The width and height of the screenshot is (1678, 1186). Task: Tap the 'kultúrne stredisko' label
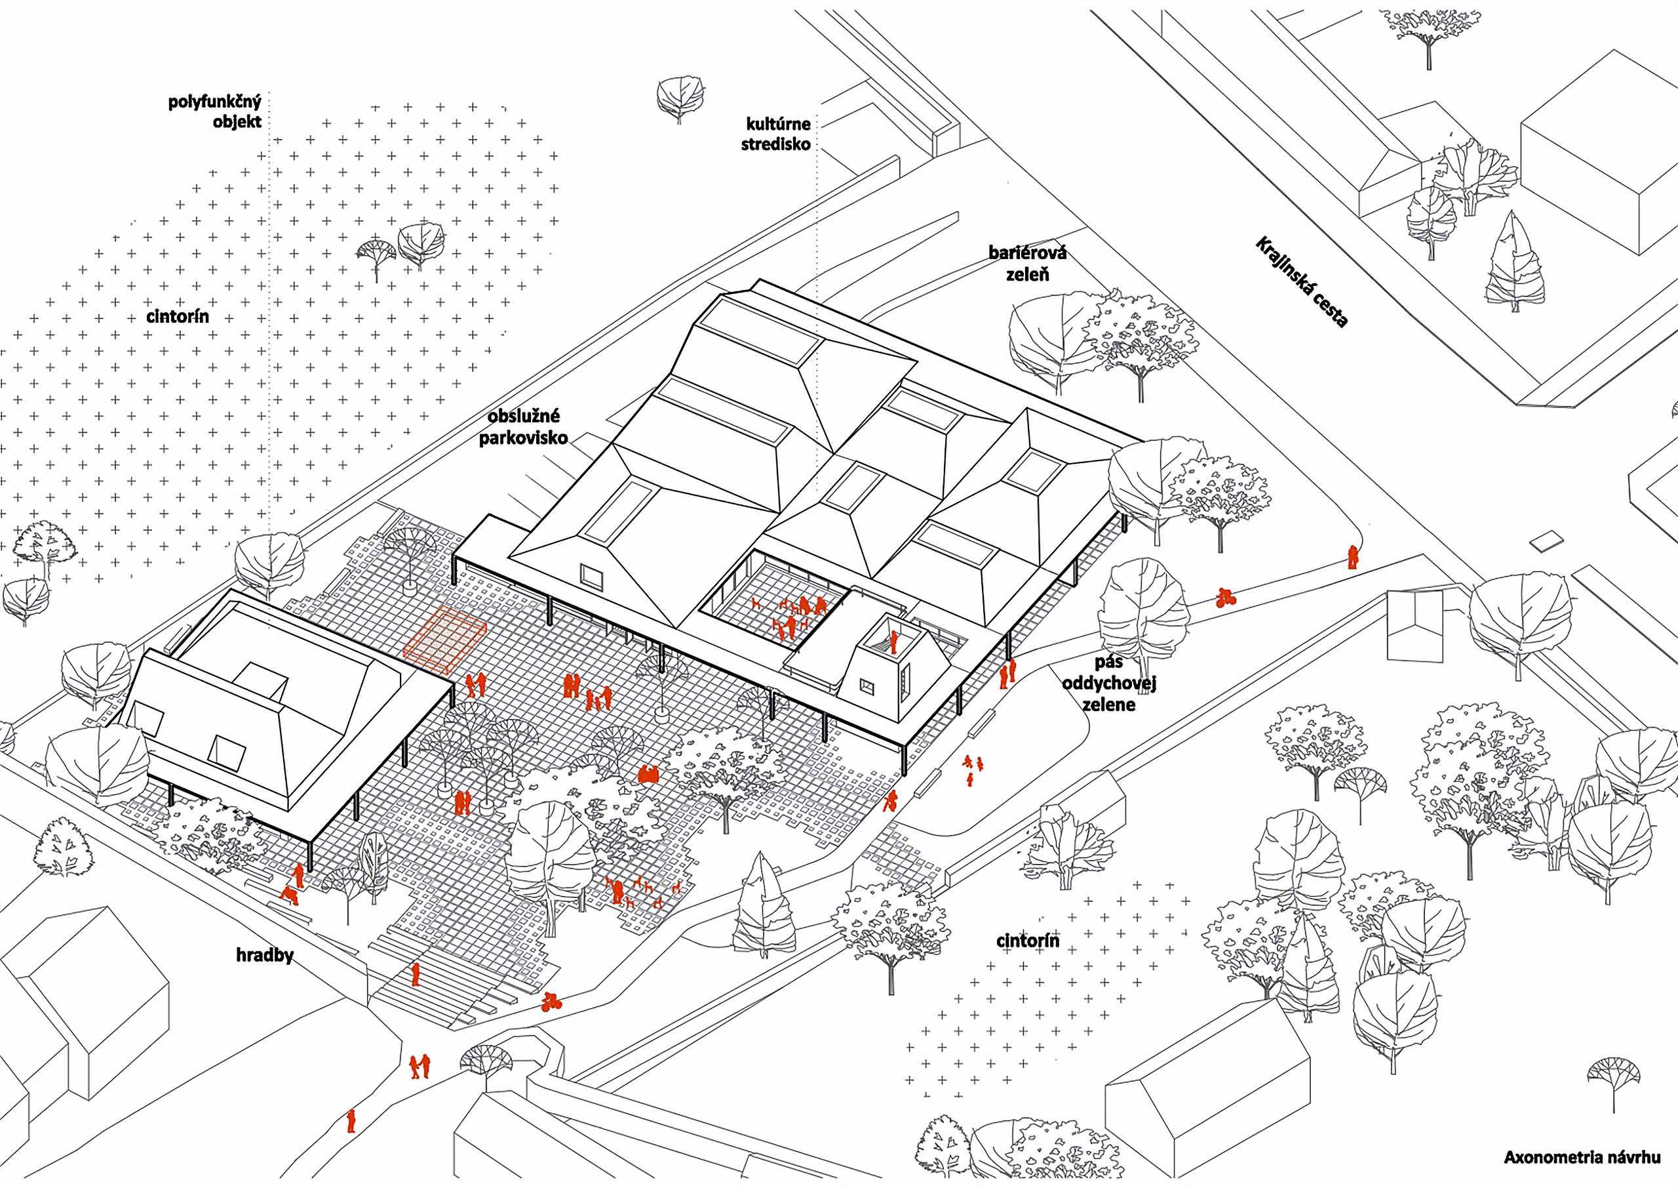point(776,134)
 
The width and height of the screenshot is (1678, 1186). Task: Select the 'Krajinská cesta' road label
point(1301,282)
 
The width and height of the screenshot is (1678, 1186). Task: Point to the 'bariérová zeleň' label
point(1018,264)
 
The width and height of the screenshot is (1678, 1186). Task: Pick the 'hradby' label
point(265,956)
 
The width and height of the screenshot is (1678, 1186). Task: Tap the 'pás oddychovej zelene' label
point(1108,683)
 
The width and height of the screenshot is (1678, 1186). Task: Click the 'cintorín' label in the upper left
point(177,316)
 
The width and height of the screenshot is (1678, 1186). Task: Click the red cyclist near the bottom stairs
point(552,1000)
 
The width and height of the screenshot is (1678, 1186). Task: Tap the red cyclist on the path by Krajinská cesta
point(1226,598)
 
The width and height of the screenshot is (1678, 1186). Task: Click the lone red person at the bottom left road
point(351,1121)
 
